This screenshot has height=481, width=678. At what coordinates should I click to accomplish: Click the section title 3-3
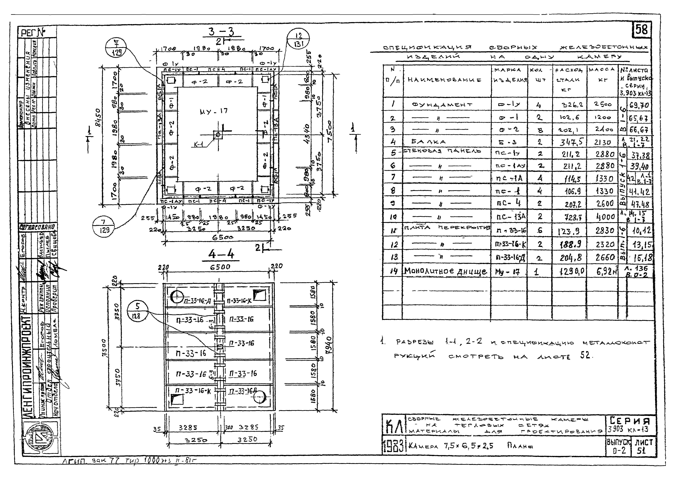tap(221, 31)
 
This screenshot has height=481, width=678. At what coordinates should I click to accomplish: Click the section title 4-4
tap(221, 254)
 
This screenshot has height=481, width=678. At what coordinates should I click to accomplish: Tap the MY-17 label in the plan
tap(213, 111)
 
